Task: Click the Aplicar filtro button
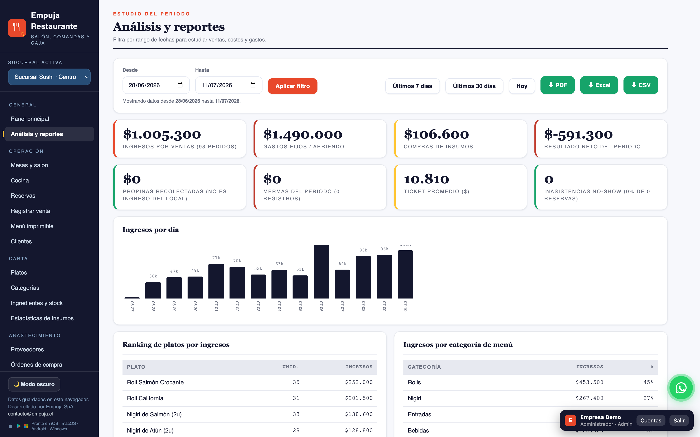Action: tap(292, 86)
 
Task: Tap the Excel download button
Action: tap(599, 85)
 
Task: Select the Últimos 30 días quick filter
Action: tap(474, 86)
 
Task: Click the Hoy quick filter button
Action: tap(522, 86)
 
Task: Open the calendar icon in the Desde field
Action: tap(180, 85)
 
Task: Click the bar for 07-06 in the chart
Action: tap(321, 271)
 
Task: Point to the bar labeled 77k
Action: tap(216, 281)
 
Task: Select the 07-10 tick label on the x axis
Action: tap(405, 306)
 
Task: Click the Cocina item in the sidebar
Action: tap(20, 180)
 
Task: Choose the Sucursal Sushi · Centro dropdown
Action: tap(49, 77)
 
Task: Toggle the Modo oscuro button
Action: tap(34, 384)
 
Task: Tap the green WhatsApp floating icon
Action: tap(681, 387)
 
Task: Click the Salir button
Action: tap(679, 420)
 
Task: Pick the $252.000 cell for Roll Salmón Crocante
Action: tap(359, 382)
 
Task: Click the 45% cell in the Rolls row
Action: tap(648, 382)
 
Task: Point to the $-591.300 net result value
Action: tap(578, 134)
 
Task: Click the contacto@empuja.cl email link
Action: tap(30, 414)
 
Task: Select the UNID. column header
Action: tap(290, 367)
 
